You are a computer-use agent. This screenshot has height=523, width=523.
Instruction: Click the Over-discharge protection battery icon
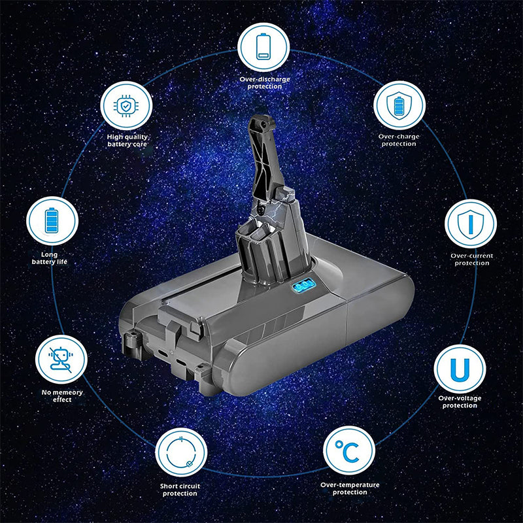[263, 47]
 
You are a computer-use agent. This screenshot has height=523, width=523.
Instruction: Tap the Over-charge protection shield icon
[399, 105]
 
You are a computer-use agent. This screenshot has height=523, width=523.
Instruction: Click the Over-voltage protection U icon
[460, 369]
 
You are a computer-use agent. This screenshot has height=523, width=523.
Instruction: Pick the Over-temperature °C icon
[349, 451]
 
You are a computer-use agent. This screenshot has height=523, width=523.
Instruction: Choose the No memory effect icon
[61, 359]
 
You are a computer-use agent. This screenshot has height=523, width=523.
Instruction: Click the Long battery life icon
[52, 221]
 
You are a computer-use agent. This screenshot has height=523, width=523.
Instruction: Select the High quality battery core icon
[127, 105]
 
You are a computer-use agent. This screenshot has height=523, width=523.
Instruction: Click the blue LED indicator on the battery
[306, 286]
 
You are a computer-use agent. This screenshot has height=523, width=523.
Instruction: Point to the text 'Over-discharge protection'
[264, 83]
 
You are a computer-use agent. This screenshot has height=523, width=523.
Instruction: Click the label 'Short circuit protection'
[180, 490]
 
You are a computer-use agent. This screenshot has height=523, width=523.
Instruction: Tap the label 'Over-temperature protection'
[349, 488]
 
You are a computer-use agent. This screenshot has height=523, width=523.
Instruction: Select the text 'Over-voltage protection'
[460, 401]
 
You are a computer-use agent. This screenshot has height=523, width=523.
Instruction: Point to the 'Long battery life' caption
[50, 258]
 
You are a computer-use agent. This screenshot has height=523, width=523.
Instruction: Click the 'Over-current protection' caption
[471, 259]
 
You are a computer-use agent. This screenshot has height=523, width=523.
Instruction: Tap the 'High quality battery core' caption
[127, 140]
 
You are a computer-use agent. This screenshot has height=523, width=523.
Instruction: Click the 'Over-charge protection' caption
[399, 140]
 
